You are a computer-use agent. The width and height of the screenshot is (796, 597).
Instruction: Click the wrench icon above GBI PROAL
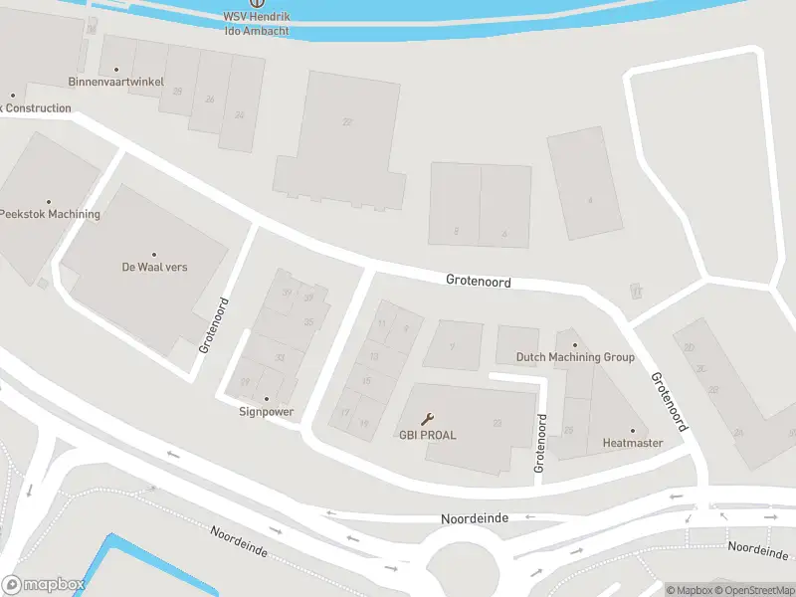point(428,419)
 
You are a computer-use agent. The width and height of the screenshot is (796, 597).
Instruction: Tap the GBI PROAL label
point(428,435)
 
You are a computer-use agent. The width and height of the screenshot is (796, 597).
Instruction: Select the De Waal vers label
point(154,267)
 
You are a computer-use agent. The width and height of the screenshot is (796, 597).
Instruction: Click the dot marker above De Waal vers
point(154,254)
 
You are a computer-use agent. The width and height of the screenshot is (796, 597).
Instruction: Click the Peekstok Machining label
point(50,214)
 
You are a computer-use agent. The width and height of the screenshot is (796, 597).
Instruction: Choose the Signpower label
point(266,411)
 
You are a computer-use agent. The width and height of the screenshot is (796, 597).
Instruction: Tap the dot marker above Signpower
point(266,398)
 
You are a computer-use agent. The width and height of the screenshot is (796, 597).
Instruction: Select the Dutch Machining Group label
point(574,357)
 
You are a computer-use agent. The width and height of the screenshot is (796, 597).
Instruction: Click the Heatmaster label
point(632,443)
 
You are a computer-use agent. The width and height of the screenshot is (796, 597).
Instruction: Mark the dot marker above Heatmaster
point(632,430)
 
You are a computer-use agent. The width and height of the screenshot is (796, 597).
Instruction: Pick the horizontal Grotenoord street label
point(478,283)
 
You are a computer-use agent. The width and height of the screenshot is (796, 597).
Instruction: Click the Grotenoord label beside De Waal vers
point(215,324)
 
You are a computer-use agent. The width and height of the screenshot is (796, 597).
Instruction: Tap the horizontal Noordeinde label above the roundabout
point(475,518)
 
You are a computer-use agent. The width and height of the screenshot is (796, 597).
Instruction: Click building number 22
point(347,121)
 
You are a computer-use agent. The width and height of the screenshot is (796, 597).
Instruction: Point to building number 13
point(373,356)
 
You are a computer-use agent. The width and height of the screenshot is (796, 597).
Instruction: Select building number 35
point(309,321)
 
